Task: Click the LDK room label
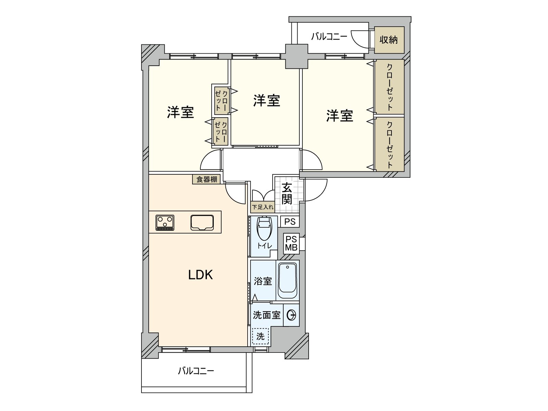pyautogui.click(x=201, y=275)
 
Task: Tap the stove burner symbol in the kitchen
pyautogui.click(x=165, y=223)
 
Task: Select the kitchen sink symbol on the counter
pyautogui.click(x=202, y=223)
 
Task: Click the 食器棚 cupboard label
pyautogui.click(x=207, y=179)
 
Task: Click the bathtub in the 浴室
pyautogui.click(x=288, y=281)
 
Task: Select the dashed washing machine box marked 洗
pyautogui.click(x=261, y=336)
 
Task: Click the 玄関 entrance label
pyautogui.click(x=287, y=194)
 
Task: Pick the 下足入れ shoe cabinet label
pyautogui.click(x=263, y=207)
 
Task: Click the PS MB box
pyautogui.click(x=291, y=244)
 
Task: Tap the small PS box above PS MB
pyautogui.click(x=290, y=222)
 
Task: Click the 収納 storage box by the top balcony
pyautogui.click(x=389, y=40)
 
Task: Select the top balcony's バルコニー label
pyautogui.click(x=329, y=36)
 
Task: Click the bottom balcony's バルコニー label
pyautogui.click(x=196, y=371)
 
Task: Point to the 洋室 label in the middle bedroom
pyautogui.click(x=266, y=100)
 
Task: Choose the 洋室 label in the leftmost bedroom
pyautogui.click(x=180, y=112)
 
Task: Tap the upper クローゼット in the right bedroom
pyautogui.click(x=389, y=87)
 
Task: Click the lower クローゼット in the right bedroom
pyautogui.click(x=389, y=144)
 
